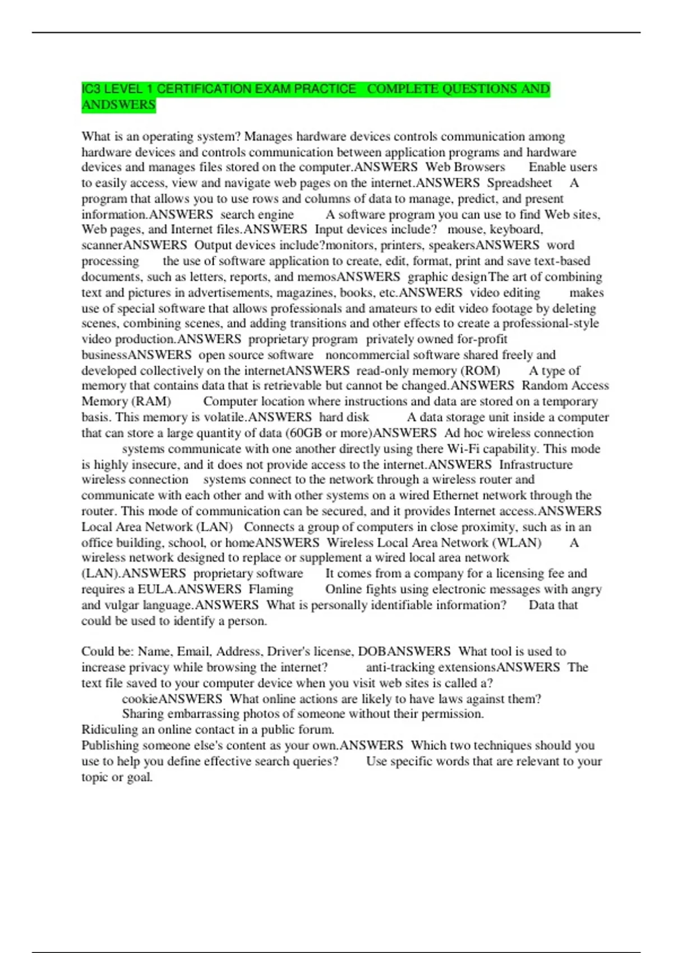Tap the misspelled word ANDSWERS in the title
click(118, 105)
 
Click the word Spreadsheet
click(519, 183)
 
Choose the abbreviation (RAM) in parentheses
click(151, 401)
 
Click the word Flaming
click(271, 589)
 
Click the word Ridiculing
click(110, 729)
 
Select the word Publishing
click(110, 745)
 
